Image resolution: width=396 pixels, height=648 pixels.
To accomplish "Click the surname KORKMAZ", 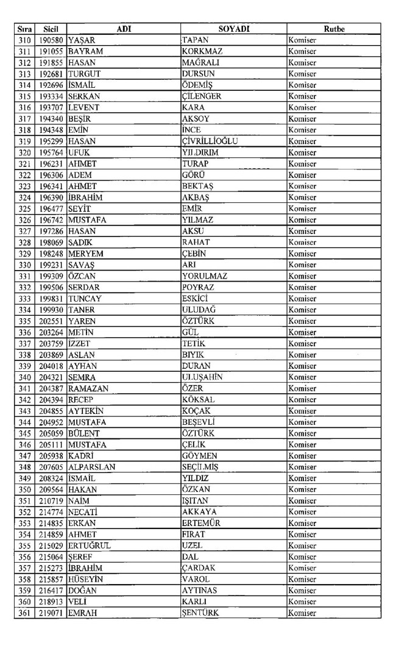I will pos(203,51).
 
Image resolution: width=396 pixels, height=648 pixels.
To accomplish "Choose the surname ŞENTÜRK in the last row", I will pos(203,613).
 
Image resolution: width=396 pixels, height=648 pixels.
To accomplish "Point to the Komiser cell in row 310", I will pos(303,40).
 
